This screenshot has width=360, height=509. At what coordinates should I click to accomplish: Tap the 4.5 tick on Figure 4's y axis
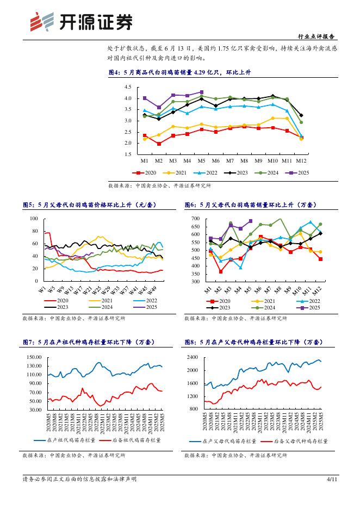[x=128, y=88]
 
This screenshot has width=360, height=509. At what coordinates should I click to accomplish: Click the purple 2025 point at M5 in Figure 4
[x=201, y=92]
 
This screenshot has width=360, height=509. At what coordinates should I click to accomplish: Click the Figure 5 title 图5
[x=86, y=205]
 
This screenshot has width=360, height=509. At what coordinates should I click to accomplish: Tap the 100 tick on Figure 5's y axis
[x=34, y=219]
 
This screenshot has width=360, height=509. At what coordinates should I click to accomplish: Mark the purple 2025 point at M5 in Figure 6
[x=250, y=221]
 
